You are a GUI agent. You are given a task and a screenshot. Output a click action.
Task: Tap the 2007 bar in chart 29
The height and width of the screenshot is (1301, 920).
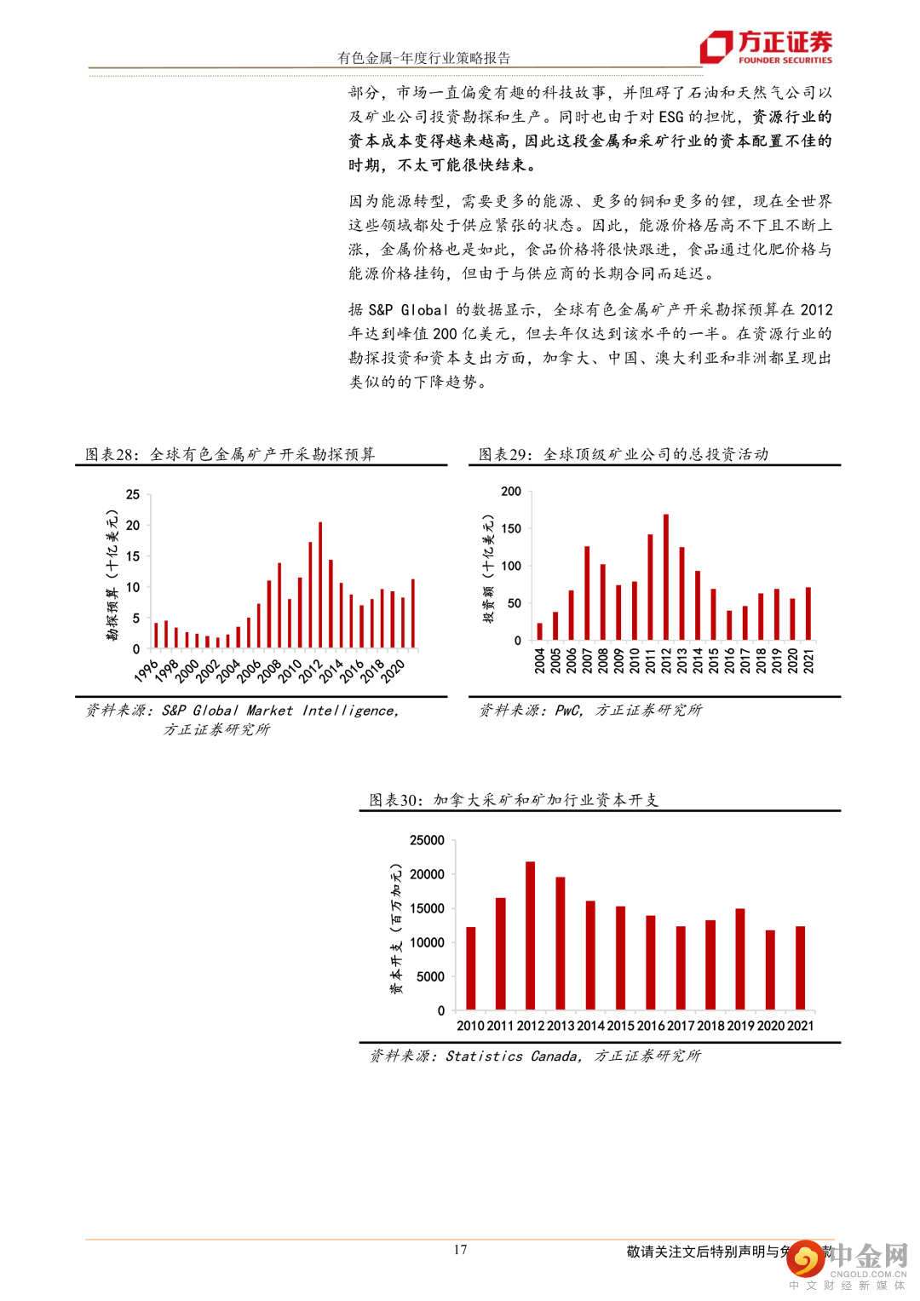point(587,593)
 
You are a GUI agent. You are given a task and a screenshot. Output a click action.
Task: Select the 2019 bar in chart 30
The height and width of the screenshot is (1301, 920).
point(740,959)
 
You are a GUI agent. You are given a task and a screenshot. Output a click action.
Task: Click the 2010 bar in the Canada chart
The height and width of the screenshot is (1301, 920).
point(471,969)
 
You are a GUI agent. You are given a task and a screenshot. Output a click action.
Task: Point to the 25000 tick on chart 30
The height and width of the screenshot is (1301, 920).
point(427,840)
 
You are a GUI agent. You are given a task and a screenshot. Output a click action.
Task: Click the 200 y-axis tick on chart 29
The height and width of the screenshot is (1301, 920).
point(511,492)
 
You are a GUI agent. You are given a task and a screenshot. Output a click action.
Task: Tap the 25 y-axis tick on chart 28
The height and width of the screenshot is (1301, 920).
point(133,494)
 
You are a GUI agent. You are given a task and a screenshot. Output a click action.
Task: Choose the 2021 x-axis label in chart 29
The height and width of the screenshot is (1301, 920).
point(808,660)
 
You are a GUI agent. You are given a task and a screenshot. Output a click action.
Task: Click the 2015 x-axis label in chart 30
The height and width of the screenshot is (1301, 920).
point(621,1026)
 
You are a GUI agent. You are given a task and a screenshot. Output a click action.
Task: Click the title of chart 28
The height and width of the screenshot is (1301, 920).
point(230,454)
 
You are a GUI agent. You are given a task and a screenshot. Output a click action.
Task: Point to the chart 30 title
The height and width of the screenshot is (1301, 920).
point(514,799)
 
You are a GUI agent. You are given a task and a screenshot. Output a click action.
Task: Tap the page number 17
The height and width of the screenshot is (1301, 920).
point(460,1250)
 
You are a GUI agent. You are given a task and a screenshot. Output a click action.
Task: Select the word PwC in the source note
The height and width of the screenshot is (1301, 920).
point(568,710)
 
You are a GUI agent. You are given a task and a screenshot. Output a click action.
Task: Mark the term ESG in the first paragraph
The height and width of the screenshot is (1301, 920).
point(670,117)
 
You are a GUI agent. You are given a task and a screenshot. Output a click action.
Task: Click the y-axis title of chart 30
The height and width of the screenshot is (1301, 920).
point(396,929)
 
